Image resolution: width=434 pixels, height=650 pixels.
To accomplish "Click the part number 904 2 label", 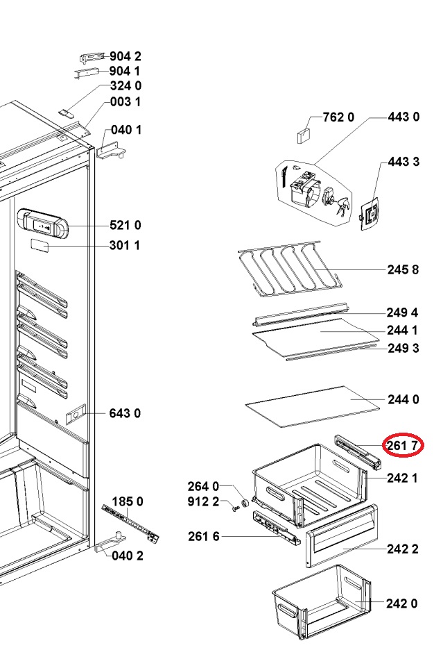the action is tap(125, 56).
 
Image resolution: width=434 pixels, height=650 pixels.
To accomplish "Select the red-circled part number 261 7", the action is tap(403, 446).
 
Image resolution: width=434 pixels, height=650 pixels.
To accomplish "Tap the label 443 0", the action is tap(403, 117).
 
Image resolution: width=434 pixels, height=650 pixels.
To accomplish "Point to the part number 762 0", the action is tap(338, 117).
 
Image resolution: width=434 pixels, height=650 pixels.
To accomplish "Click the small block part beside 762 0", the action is tap(304, 135).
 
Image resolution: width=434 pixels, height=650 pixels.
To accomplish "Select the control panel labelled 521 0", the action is tap(42, 224).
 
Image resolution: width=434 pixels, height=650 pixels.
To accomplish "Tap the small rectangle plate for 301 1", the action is tap(40, 247).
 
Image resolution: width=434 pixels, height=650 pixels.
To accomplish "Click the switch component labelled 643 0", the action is tap(76, 414).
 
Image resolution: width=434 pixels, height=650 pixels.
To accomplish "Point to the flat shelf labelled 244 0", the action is tap(313, 407).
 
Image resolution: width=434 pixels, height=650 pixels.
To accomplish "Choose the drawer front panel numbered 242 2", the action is tap(341, 536).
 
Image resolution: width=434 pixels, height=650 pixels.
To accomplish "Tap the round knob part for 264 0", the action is tap(245, 502).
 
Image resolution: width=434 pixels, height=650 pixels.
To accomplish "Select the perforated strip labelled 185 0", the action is tap(130, 522).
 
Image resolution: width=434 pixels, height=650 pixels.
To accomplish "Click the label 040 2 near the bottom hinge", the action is tap(128, 556).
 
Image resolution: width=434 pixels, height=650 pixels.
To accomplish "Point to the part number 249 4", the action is tap(402, 312).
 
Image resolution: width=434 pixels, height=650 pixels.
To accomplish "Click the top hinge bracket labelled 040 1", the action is tap(110, 149).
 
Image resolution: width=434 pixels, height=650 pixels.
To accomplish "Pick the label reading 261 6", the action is tap(204, 536).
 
